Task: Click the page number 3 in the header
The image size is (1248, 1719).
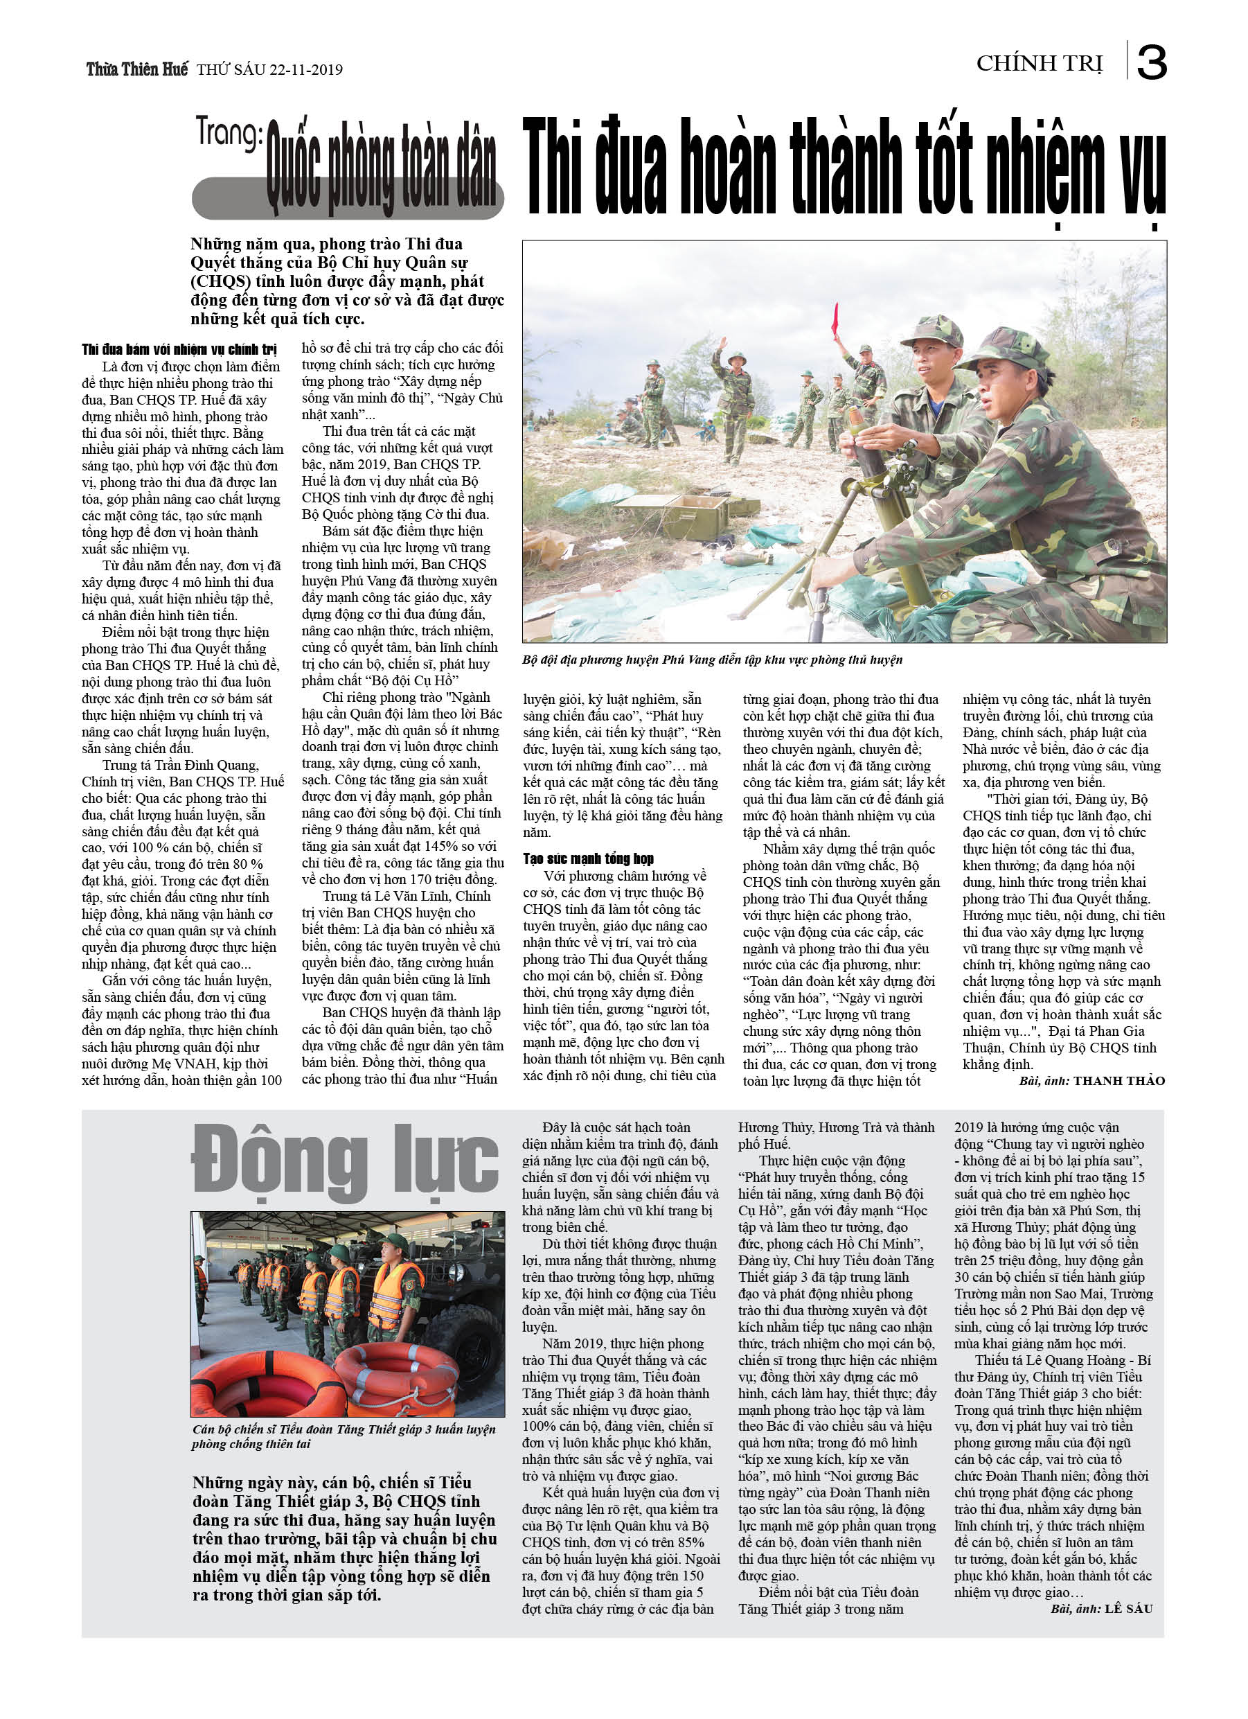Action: coord(1151,62)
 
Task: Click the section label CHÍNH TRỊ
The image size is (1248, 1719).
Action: coord(1039,64)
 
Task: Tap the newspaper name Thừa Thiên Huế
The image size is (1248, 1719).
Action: coord(136,69)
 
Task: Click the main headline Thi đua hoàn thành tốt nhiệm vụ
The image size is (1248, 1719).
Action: coord(844,169)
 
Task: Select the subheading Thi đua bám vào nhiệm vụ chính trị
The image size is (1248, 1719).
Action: coord(179,349)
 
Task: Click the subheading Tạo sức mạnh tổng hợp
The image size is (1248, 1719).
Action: coord(588,858)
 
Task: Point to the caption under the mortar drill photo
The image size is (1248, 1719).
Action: coord(711,660)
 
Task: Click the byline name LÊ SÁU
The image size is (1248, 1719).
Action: coord(1128,1608)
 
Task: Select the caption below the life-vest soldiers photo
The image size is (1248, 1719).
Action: coord(344,1436)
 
